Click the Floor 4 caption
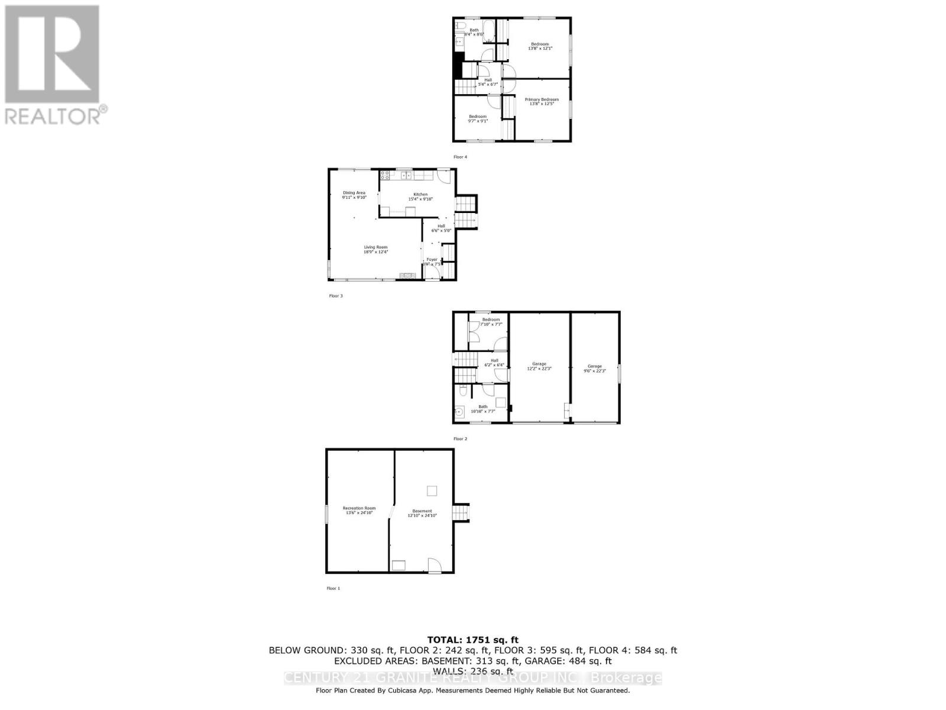pyautogui.click(x=460, y=157)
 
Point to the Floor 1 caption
pyautogui.click(x=333, y=589)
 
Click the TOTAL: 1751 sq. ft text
pyautogui.click(x=472, y=640)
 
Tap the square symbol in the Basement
pyautogui.click(x=432, y=490)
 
